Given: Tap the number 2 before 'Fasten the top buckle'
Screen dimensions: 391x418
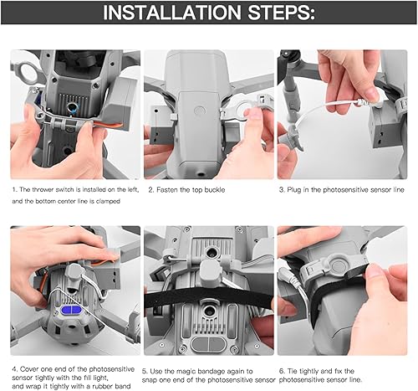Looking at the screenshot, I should (150, 190).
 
